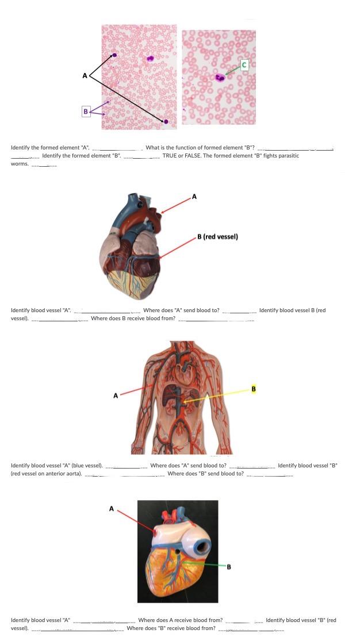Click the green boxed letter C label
(x=244, y=65)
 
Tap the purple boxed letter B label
(x=86, y=111)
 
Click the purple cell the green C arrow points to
(x=219, y=78)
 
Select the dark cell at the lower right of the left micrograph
(x=166, y=121)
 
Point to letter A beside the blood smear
(x=85, y=75)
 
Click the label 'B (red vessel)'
(x=217, y=236)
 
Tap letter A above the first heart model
(x=194, y=197)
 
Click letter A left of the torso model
(x=116, y=396)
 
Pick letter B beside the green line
(x=229, y=567)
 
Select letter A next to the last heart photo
(x=112, y=508)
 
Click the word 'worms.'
(x=20, y=163)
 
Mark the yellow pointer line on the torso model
(x=219, y=397)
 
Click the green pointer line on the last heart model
(x=201, y=563)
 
